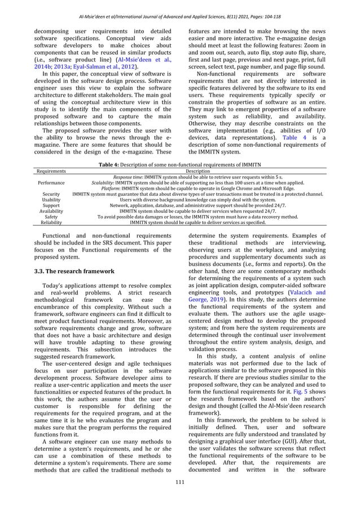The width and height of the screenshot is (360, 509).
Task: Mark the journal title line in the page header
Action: pos(180,10)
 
